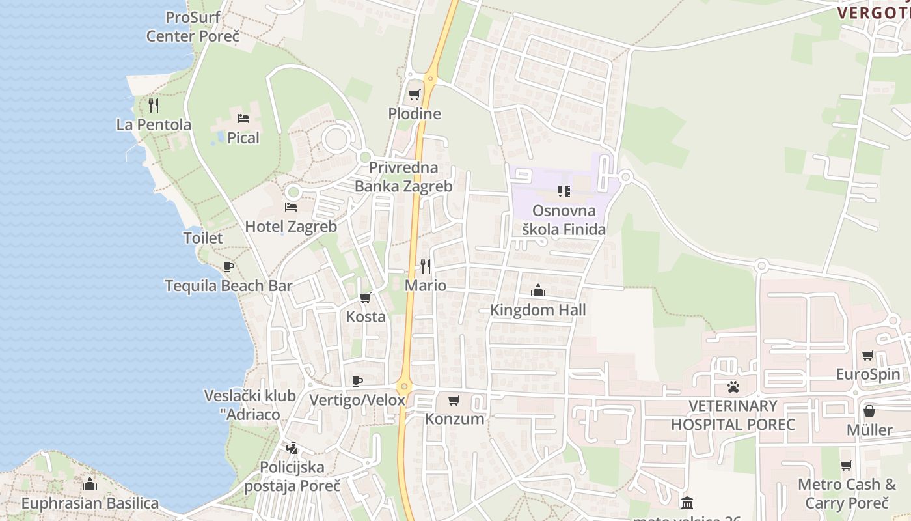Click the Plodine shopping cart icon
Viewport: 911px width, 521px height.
(414, 95)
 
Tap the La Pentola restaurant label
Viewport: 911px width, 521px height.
(154, 124)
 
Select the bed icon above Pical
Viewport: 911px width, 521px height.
(243, 119)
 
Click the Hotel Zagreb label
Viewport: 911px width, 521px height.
(291, 227)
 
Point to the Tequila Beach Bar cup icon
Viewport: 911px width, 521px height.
(228, 266)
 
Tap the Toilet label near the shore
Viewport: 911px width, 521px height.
(203, 238)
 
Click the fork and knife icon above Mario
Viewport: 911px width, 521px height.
(426, 266)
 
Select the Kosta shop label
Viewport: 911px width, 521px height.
(366, 317)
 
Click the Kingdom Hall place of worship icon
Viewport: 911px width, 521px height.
(538, 290)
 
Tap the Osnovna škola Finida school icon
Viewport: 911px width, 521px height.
(564, 191)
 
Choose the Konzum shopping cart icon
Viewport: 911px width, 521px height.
(454, 400)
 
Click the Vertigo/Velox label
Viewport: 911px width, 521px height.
(357, 400)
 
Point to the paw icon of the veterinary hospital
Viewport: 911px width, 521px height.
(733, 387)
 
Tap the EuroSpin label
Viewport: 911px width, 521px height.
(868, 374)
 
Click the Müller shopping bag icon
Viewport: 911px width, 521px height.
(869, 411)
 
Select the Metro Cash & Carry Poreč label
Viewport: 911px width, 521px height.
(847, 494)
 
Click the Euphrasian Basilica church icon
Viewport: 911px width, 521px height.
(90, 484)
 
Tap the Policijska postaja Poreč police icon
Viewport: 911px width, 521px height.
(291, 448)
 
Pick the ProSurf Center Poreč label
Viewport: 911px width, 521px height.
(193, 27)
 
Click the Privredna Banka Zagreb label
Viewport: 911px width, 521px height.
(403, 176)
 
